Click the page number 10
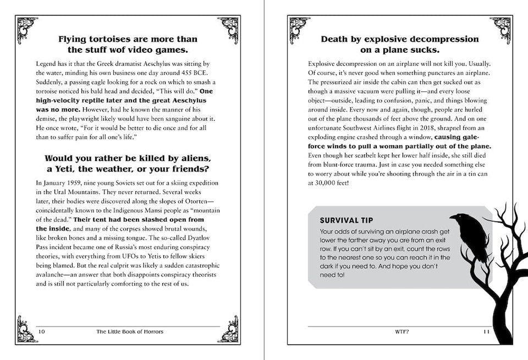41,331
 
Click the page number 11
486,331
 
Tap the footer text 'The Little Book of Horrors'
130,331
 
